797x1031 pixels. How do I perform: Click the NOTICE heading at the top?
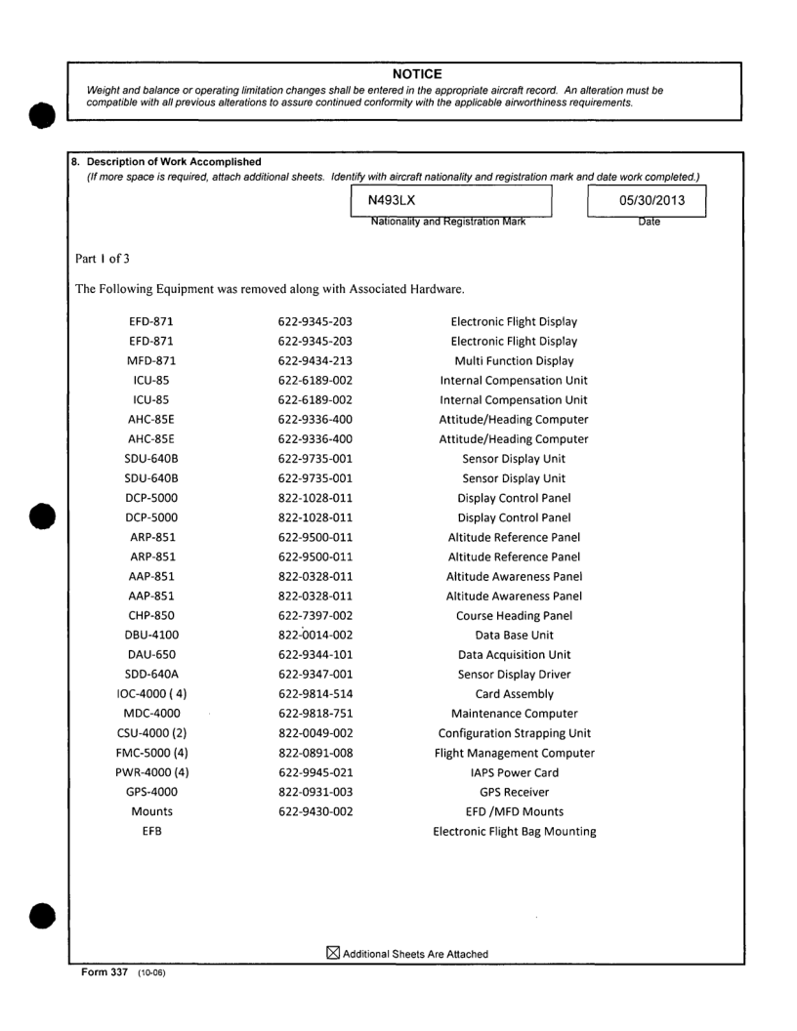coord(417,74)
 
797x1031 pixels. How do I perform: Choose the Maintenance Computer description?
coord(514,714)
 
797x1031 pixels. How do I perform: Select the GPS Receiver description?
coord(514,792)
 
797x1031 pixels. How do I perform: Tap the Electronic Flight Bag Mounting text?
coord(514,831)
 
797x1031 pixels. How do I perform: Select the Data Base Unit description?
coord(514,635)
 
